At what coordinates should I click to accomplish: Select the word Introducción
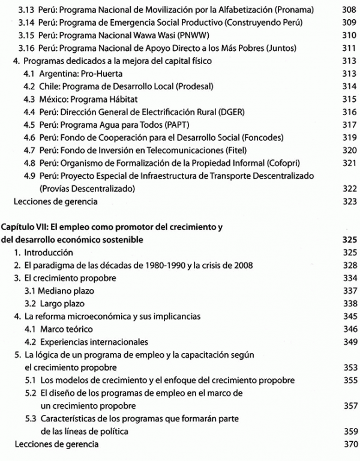click(x=49, y=252)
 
